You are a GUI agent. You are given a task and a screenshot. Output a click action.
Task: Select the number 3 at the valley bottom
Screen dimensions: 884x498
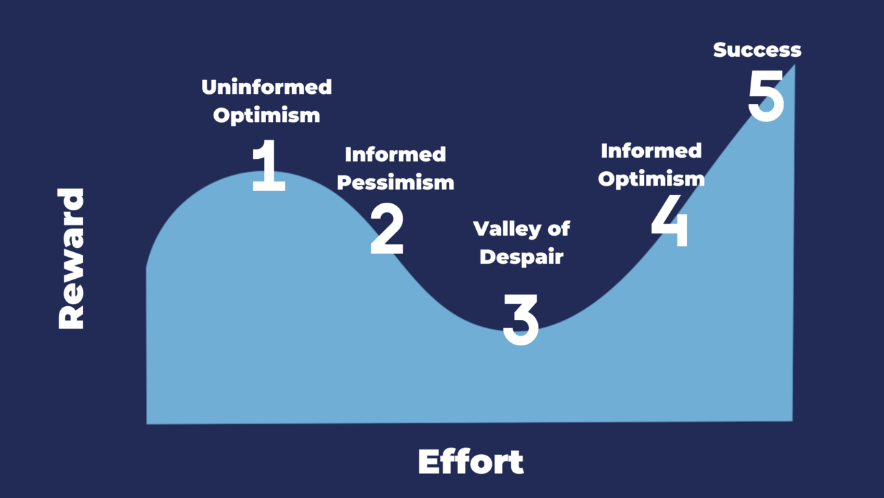(x=521, y=320)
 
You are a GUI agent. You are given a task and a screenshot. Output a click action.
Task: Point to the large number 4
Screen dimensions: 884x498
(x=670, y=221)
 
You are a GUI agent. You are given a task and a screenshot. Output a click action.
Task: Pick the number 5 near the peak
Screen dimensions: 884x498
(x=766, y=96)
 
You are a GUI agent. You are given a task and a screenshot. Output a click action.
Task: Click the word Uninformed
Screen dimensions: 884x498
(x=267, y=87)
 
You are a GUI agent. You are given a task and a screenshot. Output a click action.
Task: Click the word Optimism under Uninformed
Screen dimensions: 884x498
(x=267, y=115)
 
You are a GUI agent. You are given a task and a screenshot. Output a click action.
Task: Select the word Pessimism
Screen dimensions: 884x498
(x=395, y=182)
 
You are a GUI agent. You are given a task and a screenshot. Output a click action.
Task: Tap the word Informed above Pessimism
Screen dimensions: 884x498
(x=395, y=154)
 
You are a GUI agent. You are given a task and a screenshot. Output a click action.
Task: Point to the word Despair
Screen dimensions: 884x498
(x=521, y=258)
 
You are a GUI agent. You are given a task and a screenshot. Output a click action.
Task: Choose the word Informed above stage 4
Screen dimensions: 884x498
(x=651, y=151)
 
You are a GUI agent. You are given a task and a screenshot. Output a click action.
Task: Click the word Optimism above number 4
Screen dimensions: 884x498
(x=651, y=179)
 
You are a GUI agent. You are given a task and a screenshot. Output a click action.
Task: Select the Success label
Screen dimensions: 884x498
(x=757, y=50)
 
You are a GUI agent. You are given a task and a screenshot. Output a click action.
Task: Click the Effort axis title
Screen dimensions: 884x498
(x=471, y=462)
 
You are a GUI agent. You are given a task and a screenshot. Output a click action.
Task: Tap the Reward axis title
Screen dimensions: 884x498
(x=71, y=258)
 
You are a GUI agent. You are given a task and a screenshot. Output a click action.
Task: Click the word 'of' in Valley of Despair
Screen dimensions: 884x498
(x=558, y=228)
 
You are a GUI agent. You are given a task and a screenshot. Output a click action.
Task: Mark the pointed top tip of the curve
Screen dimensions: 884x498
(x=794, y=65)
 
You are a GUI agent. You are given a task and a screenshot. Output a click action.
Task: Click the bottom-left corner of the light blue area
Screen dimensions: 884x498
(x=147, y=424)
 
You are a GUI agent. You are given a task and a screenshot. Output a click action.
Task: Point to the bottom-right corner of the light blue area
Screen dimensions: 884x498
(x=792, y=421)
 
